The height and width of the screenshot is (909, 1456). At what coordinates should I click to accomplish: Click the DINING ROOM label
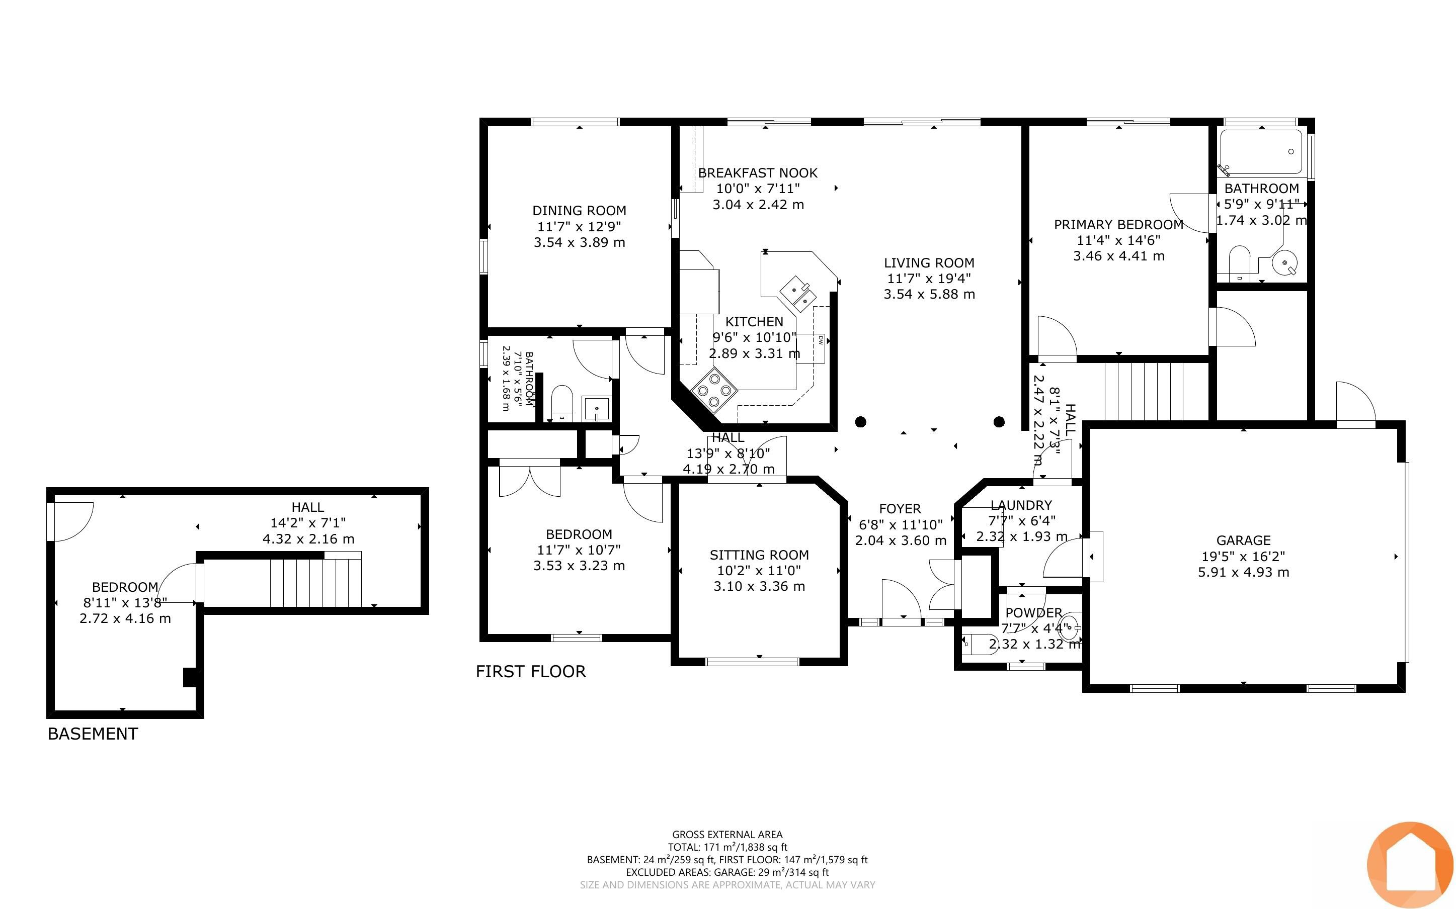[x=579, y=211]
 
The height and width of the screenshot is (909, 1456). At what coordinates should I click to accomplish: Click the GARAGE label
[x=1243, y=540]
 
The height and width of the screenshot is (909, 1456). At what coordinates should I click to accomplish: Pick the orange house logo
[x=1410, y=865]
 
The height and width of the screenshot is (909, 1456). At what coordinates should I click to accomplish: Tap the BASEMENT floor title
[x=93, y=734]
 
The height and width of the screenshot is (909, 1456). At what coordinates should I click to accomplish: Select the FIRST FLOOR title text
[x=530, y=672]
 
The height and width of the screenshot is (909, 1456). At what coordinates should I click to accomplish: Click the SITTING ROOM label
[x=759, y=555]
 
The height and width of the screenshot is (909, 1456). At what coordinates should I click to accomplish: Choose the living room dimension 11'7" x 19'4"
[x=929, y=279]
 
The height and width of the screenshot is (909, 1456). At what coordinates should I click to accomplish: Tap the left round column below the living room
[x=861, y=422]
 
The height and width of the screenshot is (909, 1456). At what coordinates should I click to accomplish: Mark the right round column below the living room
[x=999, y=422]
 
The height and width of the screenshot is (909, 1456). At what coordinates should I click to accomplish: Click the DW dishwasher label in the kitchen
[x=820, y=340]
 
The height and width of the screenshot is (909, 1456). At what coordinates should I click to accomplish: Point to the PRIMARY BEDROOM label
[x=1118, y=225]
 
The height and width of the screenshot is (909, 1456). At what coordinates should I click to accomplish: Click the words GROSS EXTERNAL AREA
[x=727, y=835]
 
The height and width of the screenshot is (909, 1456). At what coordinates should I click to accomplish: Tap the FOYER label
[x=900, y=509]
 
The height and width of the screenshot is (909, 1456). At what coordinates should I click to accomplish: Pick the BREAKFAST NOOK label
[x=758, y=173]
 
